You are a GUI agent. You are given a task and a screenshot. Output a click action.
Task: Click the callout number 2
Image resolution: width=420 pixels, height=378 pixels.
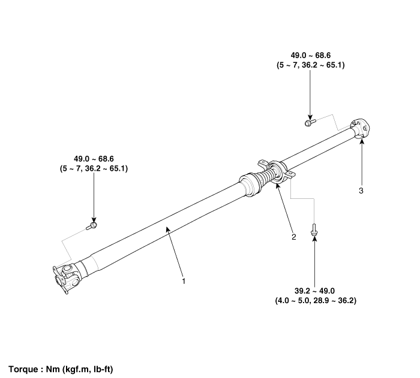(293, 237)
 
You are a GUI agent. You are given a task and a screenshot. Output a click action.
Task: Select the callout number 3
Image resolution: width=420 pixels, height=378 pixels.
(361, 191)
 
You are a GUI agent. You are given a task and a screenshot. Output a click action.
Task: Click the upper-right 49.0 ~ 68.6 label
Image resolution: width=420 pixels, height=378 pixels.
(310, 55)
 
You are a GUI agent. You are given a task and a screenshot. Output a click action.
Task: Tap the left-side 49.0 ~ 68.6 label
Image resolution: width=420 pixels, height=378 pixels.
(93, 159)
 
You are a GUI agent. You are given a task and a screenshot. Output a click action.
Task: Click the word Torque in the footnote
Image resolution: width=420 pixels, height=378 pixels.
(24, 369)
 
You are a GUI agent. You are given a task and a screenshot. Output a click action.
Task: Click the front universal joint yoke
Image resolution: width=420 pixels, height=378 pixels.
(65, 277)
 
